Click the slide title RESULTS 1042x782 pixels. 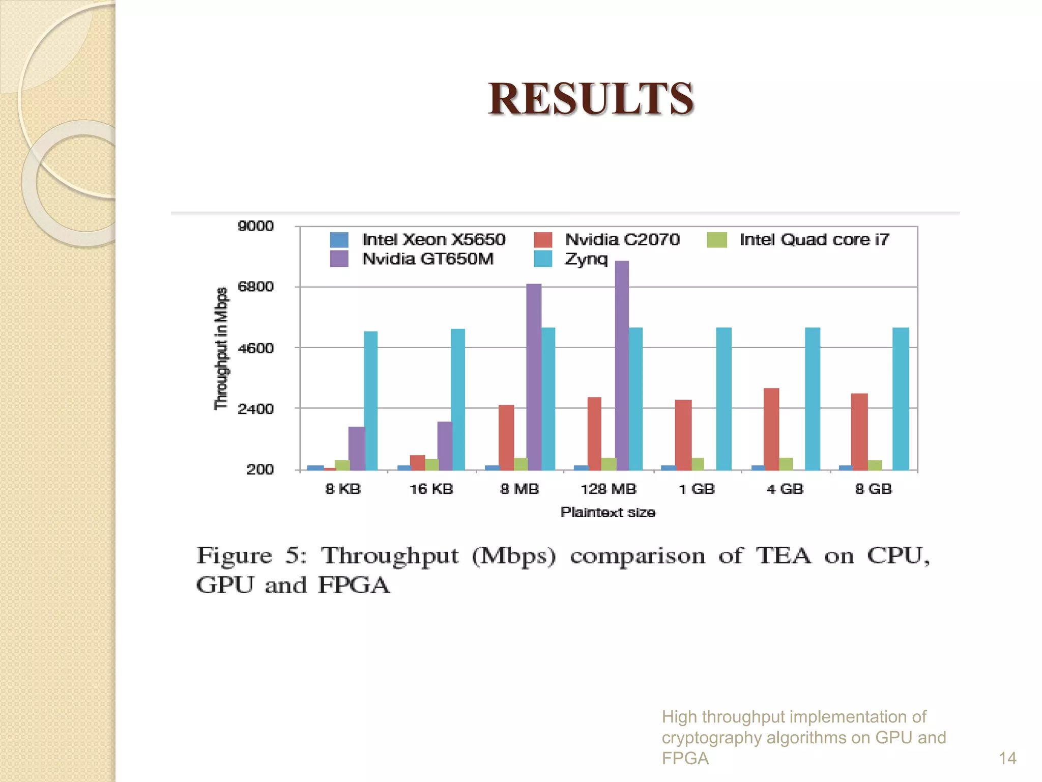(591, 99)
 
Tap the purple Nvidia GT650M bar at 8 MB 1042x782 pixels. (534, 376)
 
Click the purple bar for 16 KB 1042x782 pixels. (445, 445)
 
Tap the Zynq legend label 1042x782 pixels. (586, 259)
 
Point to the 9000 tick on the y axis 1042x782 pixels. (255, 226)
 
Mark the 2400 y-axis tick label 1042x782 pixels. (255, 409)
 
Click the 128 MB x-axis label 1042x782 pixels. (609, 489)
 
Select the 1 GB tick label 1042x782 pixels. (697, 489)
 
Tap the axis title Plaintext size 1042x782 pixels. (608, 512)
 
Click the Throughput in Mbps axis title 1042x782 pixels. (221, 348)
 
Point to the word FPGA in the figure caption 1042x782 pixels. (354, 585)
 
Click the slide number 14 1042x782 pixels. (1007, 758)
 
